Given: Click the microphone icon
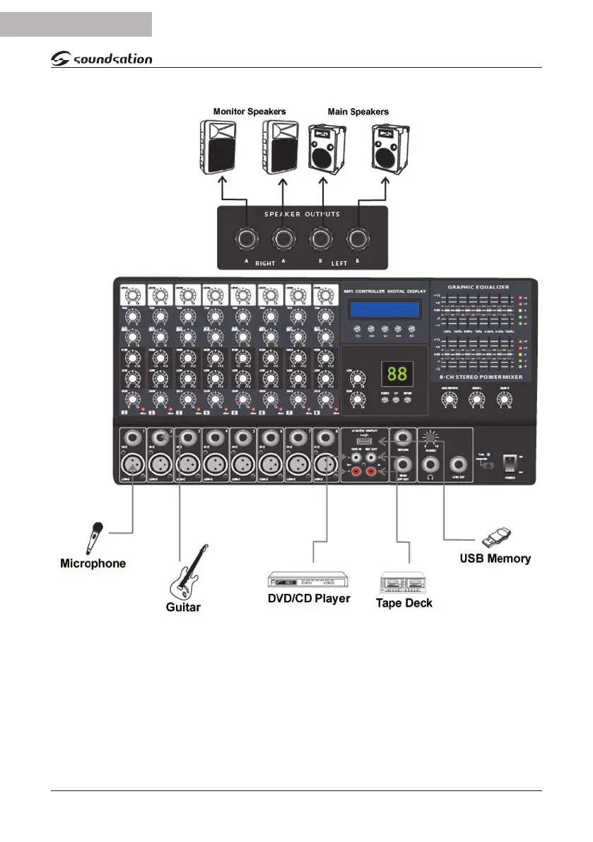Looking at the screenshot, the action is pos(94,538).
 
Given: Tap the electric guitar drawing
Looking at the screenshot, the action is pos(188,572).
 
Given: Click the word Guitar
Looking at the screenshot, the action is pos(183,607).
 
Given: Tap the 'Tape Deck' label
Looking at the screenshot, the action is pos(404,603).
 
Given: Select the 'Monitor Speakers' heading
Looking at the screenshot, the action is pos(249,112).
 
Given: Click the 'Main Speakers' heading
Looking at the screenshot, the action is pos(358,112).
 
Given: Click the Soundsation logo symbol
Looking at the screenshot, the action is pos(61,59).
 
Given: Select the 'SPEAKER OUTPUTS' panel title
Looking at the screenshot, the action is pos(303,214).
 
